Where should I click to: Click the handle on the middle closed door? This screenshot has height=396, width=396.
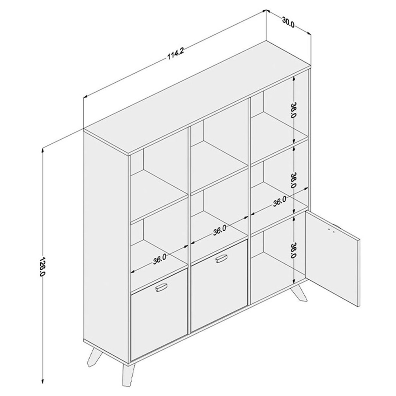coord(221,259)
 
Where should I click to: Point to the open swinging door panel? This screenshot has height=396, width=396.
coord(332,257)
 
